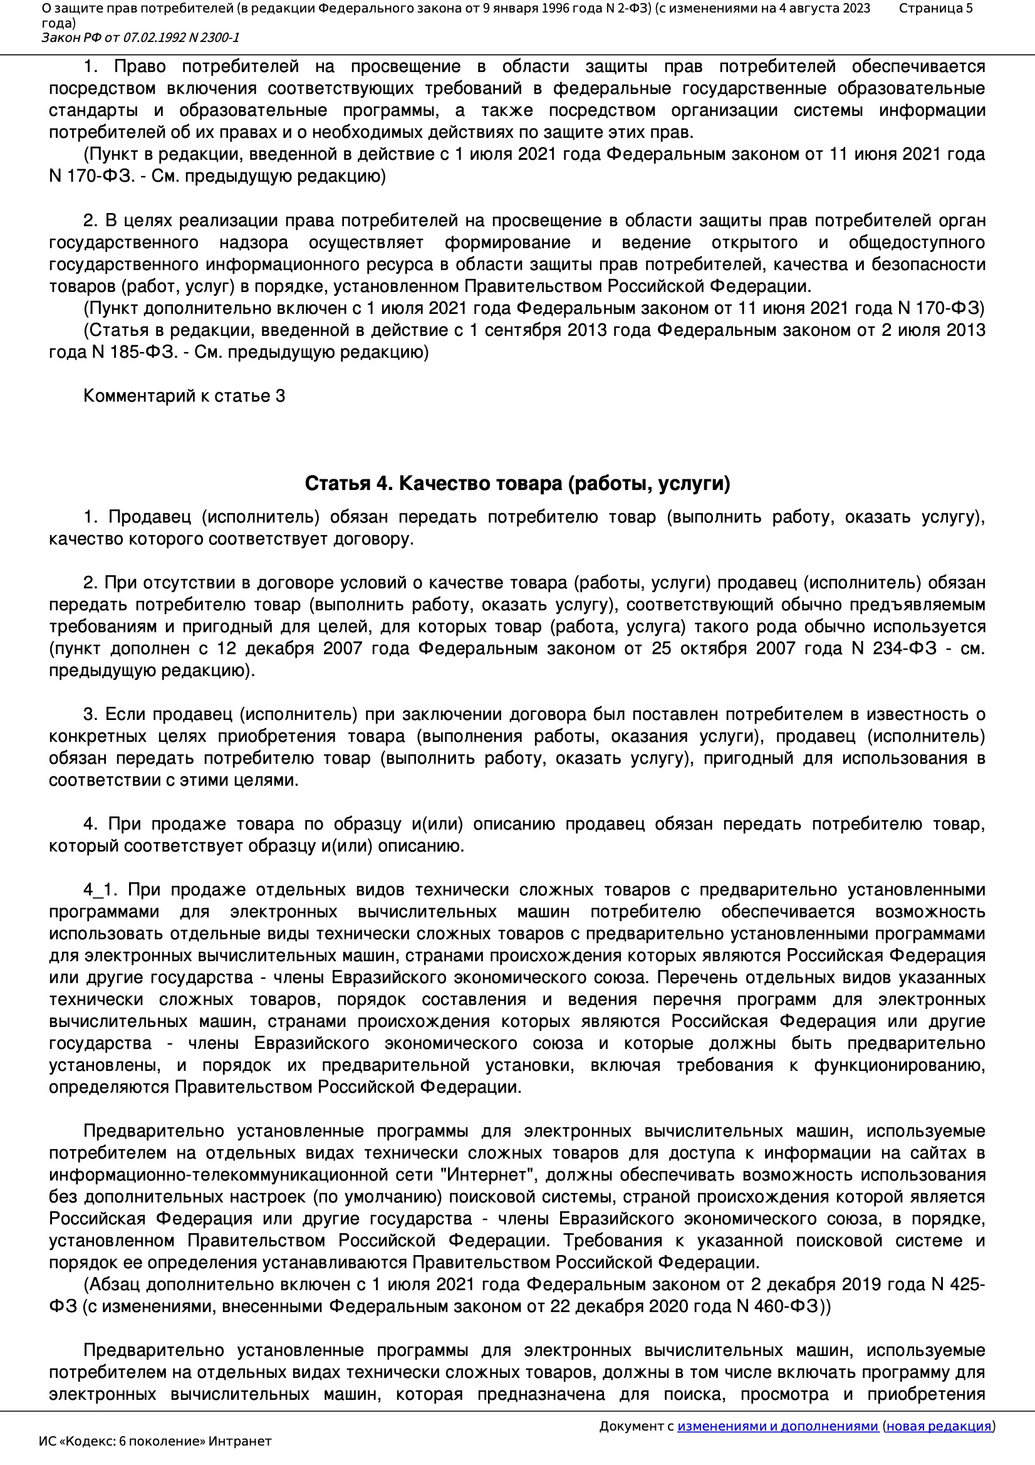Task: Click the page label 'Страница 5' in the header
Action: point(935,8)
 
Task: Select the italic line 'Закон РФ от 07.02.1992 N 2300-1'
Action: point(140,38)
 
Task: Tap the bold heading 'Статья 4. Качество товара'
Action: point(517,484)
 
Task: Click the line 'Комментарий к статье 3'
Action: point(184,396)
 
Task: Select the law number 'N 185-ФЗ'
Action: point(134,352)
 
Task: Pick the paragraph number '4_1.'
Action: point(100,890)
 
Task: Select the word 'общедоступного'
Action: point(917,242)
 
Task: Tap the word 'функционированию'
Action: point(898,1065)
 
